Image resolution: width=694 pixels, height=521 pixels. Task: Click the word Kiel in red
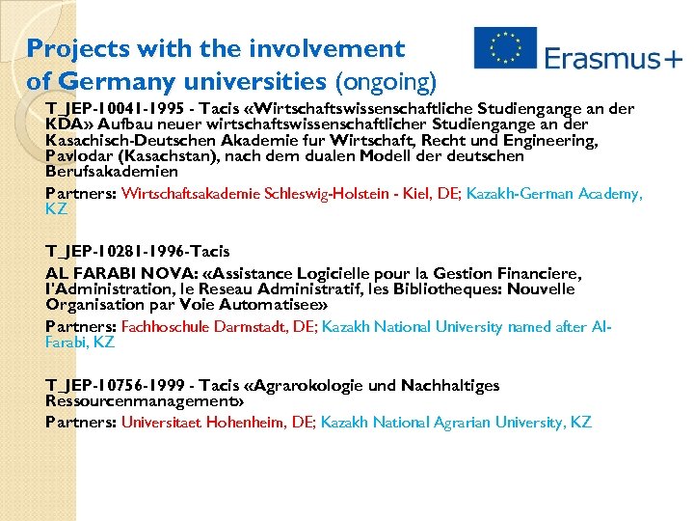pos(417,194)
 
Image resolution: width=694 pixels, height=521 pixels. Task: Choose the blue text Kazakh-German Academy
pos(550,194)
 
